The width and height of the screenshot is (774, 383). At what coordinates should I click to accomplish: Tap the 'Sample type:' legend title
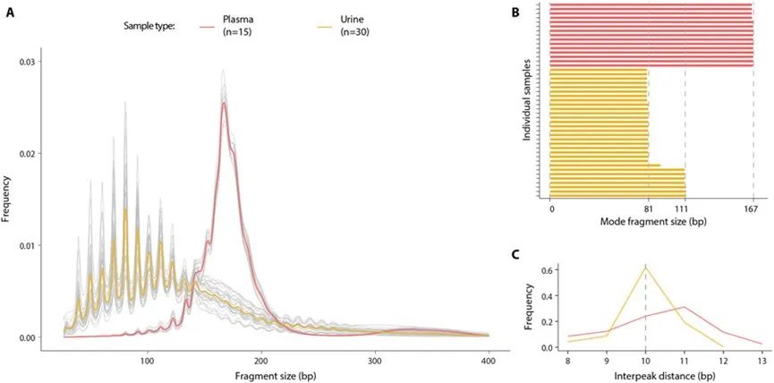(x=149, y=26)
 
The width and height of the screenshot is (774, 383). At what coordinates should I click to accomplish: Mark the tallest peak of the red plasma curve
(x=224, y=103)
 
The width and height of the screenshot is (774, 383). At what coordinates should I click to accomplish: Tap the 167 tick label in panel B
(x=752, y=210)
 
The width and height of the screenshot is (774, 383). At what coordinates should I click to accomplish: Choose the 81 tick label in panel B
(x=649, y=210)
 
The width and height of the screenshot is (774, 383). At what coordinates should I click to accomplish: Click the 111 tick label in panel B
(x=685, y=210)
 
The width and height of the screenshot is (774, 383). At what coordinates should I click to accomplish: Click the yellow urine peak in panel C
(x=645, y=267)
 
